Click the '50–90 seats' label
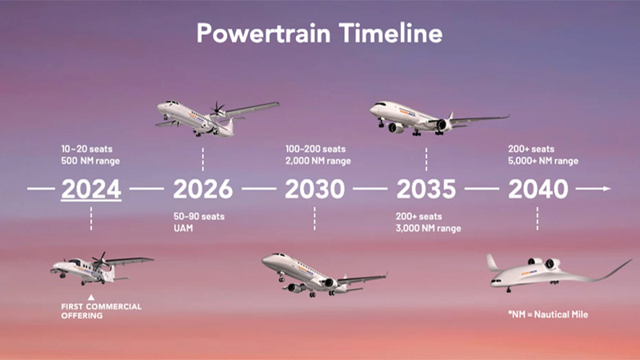[x=198, y=218]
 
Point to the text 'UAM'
[x=183, y=229]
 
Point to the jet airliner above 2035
[x=432, y=117]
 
